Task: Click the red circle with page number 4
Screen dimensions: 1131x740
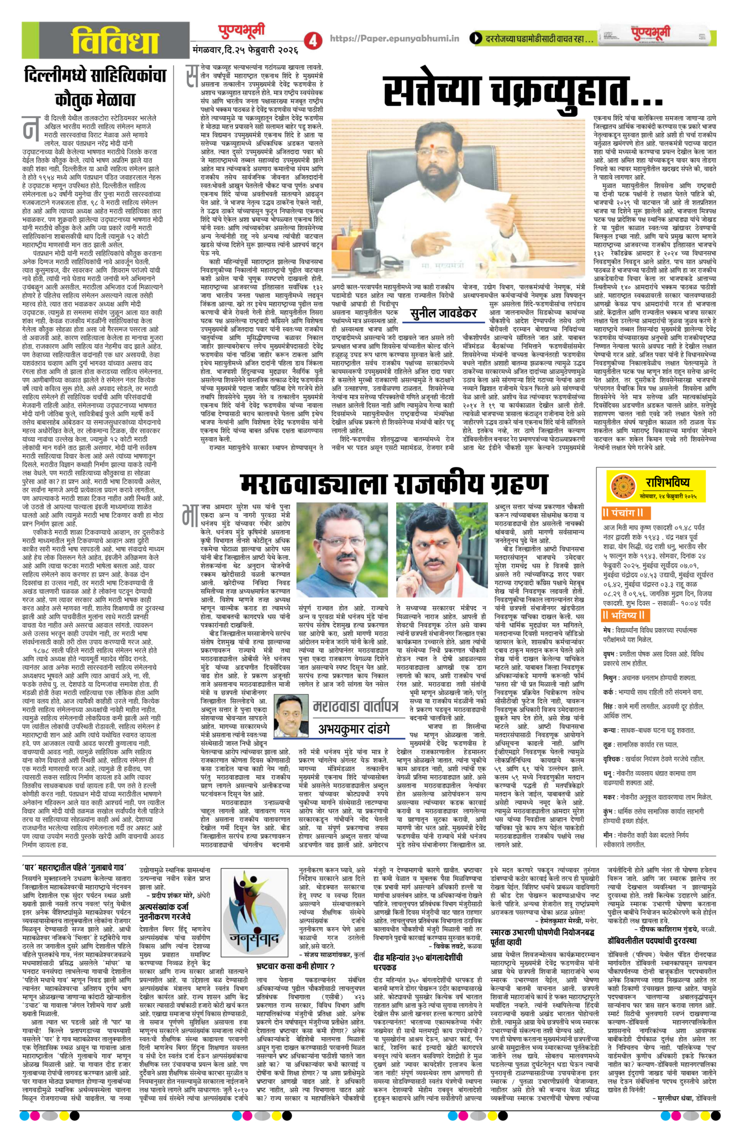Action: [314, 40]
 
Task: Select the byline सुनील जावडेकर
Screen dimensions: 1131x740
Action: [443, 313]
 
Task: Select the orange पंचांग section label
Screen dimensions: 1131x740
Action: [626, 513]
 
